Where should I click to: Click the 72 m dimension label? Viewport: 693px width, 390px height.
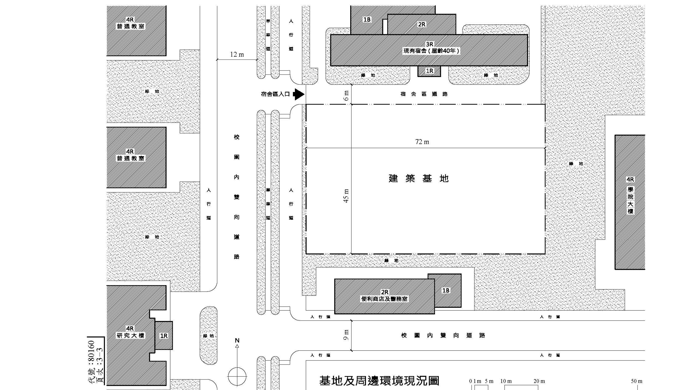tap(422, 142)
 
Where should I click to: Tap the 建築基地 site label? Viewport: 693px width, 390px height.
tap(419, 178)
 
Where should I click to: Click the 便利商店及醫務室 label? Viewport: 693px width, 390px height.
tap(384, 299)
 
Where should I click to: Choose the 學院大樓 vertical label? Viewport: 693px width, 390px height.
tap(630, 200)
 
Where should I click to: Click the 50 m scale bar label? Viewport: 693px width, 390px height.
tap(637, 381)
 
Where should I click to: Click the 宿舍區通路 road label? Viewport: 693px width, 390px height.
tap(424, 94)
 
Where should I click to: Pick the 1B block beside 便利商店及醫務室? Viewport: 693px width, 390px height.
tap(446, 290)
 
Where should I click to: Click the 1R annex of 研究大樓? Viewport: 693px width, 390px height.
tap(164, 336)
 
